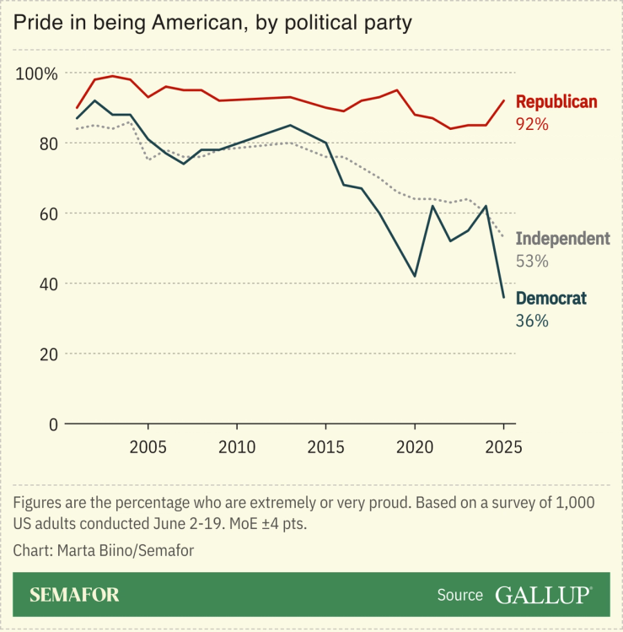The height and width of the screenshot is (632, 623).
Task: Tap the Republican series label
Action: [556, 102]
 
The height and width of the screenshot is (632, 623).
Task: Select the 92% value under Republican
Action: [532, 124]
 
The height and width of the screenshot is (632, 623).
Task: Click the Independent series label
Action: [561, 239]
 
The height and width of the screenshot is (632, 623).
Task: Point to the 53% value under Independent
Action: [532, 261]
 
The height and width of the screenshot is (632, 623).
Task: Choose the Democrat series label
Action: [550, 298]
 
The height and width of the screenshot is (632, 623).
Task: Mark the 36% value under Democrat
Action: [532, 321]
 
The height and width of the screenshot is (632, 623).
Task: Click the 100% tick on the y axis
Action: [37, 74]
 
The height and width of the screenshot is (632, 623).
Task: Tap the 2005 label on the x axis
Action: [148, 446]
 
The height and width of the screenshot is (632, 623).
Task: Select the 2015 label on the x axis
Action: [325, 446]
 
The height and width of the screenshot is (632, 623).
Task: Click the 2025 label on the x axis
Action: [503, 446]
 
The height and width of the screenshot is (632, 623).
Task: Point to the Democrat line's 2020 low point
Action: [415, 276]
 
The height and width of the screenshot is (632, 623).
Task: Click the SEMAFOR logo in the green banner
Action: [74, 595]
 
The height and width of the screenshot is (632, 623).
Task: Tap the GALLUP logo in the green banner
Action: [542, 595]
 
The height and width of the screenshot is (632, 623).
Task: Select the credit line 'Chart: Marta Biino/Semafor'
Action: [102, 550]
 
